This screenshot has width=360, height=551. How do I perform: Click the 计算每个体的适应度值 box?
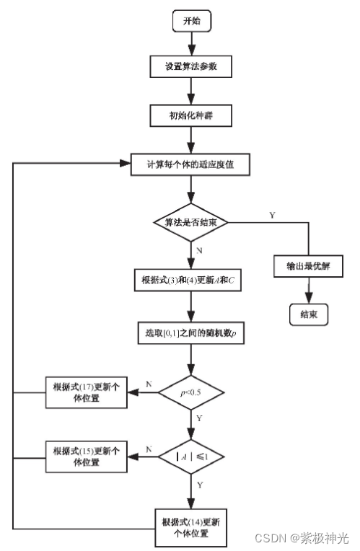191,164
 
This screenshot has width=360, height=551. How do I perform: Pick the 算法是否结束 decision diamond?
191,223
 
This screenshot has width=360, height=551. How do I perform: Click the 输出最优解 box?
308,265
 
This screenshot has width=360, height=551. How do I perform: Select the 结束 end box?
308,314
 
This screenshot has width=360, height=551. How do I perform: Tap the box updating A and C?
189,280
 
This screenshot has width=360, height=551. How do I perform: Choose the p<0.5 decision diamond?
191,394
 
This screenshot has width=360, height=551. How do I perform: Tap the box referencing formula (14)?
191,526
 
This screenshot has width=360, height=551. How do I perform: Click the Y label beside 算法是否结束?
271,215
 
